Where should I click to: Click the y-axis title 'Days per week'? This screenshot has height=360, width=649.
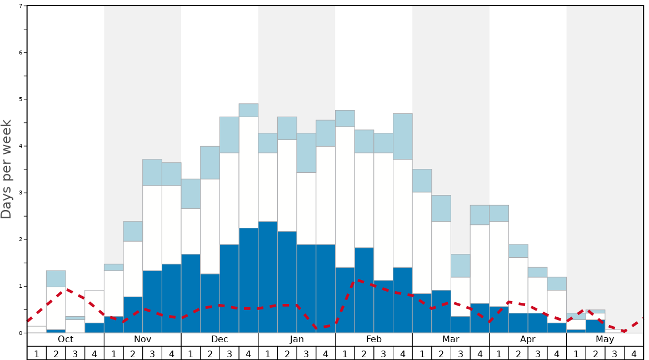[7, 169]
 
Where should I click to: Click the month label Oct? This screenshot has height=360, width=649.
[66, 339]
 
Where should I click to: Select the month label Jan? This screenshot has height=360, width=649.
[297, 339]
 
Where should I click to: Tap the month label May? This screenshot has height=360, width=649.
[605, 339]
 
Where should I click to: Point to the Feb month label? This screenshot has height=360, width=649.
[374, 339]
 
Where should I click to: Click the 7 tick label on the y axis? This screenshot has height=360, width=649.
[21, 6]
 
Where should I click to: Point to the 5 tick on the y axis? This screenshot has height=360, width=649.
[21, 99]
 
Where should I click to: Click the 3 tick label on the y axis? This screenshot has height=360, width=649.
[21, 193]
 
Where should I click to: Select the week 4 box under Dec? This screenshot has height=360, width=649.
[248, 353]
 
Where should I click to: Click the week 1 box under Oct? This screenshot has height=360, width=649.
[37, 353]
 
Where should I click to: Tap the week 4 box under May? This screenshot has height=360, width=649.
[634, 353]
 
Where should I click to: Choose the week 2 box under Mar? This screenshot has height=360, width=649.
[441, 353]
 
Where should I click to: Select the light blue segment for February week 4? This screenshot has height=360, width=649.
[403, 136]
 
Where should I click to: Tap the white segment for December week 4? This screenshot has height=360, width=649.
[248, 172]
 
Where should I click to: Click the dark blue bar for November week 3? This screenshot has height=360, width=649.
[152, 302]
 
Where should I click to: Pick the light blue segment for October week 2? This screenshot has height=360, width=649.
[56, 279]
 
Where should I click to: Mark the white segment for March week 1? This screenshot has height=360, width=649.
[422, 243]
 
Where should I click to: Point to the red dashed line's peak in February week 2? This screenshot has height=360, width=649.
[358, 281]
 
